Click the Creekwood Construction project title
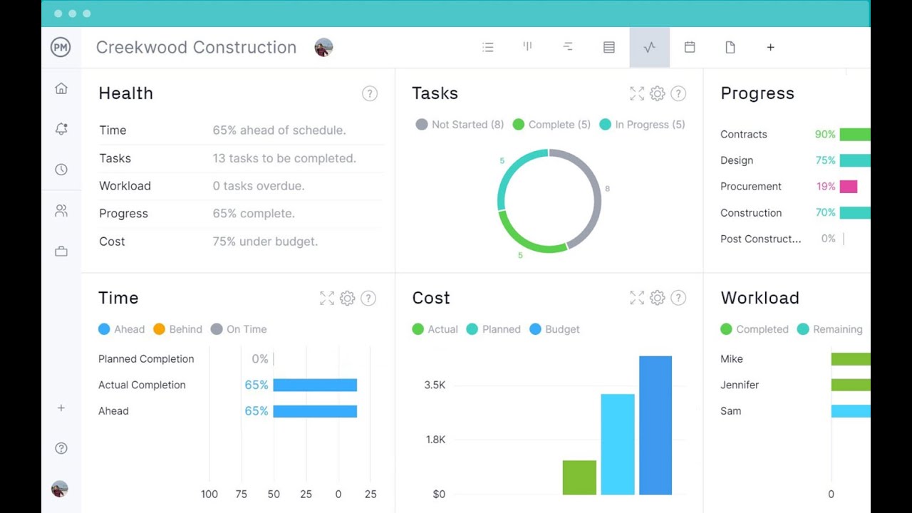tap(196, 47)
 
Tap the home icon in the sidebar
tap(61, 88)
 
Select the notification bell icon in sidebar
tap(61, 129)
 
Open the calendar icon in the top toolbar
tap(690, 47)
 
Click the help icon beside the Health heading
tap(369, 93)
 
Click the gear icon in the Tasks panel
tap(657, 93)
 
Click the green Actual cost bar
tap(579, 477)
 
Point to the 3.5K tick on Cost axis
tap(435, 385)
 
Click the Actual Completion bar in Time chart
tap(315, 385)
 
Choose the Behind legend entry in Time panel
tap(178, 329)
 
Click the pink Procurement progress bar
tap(848, 187)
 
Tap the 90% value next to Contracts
tap(825, 134)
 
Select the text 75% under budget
tap(265, 242)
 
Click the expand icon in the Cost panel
tap(637, 298)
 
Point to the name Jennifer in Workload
tap(740, 385)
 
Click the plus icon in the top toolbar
tap(770, 47)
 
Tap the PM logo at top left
tap(61, 47)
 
